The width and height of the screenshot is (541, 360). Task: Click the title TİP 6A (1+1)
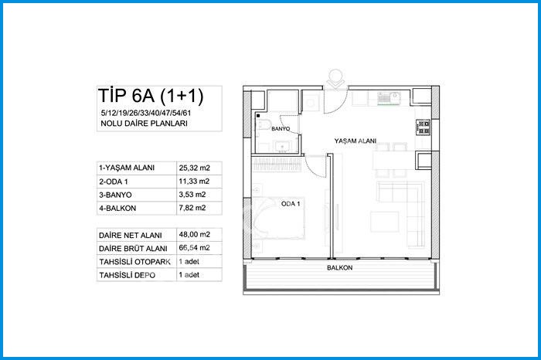click(x=151, y=96)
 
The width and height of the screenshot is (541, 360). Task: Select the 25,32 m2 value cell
click(x=194, y=168)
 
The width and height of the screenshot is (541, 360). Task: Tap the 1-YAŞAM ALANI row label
click(x=127, y=168)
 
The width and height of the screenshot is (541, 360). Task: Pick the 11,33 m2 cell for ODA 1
click(x=194, y=182)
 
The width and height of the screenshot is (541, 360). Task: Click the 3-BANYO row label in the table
click(x=115, y=195)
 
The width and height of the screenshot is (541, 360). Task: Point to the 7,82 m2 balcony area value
click(x=192, y=208)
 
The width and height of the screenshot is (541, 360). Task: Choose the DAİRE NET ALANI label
click(x=130, y=235)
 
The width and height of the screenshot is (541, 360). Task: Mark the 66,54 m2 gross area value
click(x=194, y=248)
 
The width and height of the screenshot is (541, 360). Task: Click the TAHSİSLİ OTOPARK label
click(x=135, y=262)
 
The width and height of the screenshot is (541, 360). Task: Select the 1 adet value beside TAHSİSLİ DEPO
click(x=189, y=275)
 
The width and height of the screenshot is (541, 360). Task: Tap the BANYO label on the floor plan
click(x=281, y=129)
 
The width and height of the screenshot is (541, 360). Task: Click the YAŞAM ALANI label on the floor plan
click(x=355, y=141)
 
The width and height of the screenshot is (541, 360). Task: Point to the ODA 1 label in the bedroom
click(x=291, y=204)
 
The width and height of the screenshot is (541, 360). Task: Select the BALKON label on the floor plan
click(x=339, y=267)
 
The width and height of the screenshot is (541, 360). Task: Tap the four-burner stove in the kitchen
click(x=424, y=127)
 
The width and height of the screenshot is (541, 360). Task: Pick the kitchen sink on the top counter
click(x=389, y=98)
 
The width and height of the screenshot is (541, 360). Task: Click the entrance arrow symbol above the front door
click(x=335, y=80)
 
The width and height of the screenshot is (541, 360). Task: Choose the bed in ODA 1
click(x=278, y=218)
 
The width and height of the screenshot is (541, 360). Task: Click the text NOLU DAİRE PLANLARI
click(x=144, y=123)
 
